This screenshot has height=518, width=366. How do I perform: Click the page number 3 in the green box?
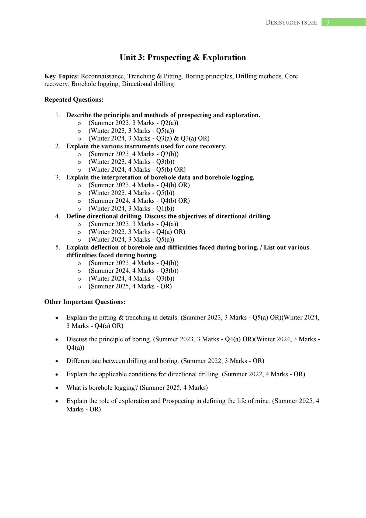[x=327, y=22]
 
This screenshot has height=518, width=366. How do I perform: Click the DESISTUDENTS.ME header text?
[x=291, y=23]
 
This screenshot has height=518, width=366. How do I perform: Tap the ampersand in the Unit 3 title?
[x=196, y=57]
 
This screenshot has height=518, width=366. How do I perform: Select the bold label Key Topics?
[x=61, y=76]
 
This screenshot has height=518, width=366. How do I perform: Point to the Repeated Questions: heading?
[x=74, y=100]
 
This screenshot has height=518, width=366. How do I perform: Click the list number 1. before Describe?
[x=58, y=115]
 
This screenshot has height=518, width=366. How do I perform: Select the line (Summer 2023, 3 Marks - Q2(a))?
[x=133, y=123]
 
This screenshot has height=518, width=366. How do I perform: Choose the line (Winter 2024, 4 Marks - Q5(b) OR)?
[x=137, y=170]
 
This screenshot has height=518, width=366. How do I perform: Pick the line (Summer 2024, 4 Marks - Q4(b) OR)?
[x=139, y=201]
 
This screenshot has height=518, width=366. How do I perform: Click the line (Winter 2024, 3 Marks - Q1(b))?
[x=131, y=209]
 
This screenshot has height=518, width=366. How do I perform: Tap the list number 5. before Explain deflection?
[x=58, y=247]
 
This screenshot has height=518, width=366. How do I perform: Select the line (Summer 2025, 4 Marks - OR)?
[x=130, y=286]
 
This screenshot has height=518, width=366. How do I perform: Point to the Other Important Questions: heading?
[x=85, y=302]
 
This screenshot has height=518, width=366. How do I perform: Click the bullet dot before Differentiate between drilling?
[x=57, y=361]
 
